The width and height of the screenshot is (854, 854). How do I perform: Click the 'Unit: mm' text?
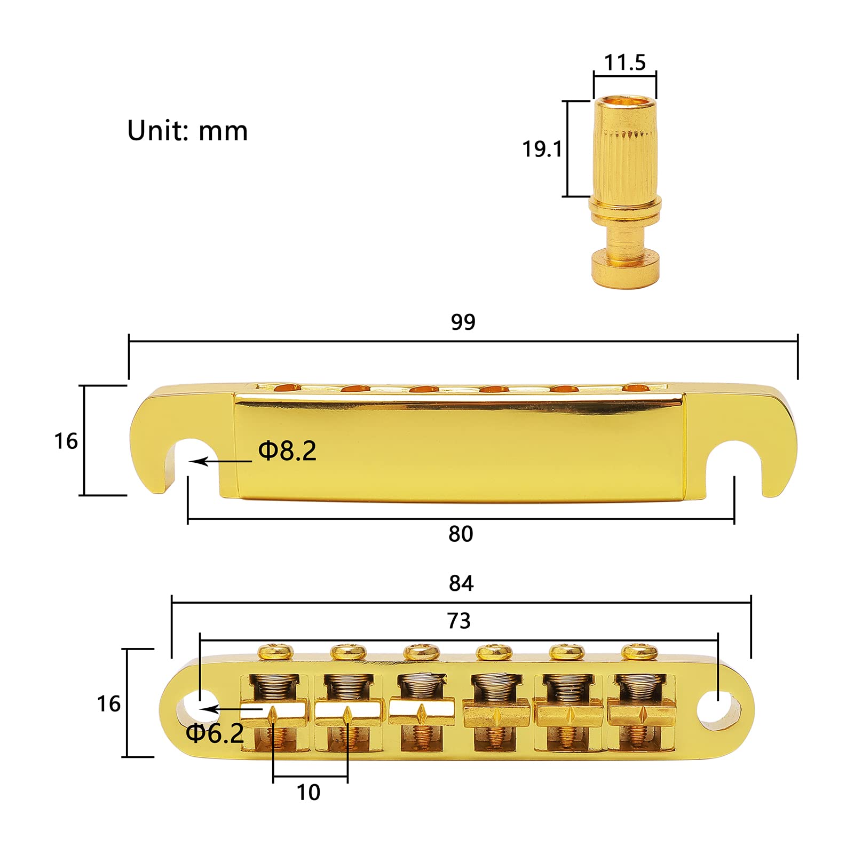click(x=187, y=131)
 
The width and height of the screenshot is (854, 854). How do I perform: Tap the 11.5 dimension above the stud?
click(x=624, y=62)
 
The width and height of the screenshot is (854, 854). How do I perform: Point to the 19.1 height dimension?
click(x=542, y=149)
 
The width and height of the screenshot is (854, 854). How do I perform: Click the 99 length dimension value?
click(x=463, y=322)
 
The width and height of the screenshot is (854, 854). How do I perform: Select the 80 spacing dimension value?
click(x=461, y=534)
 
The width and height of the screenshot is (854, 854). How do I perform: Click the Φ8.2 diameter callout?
click(x=287, y=451)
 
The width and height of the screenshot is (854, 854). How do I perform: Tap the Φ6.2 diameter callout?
click(x=215, y=733)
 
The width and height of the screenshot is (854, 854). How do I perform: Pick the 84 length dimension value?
click(x=461, y=583)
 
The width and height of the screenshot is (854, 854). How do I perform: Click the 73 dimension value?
click(x=458, y=621)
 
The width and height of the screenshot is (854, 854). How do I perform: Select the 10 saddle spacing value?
click(x=309, y=793)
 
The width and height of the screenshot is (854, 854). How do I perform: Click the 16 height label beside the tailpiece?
click(x=66, y=441)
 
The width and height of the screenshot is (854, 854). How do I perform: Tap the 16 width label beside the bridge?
click(x=108, y=704)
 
